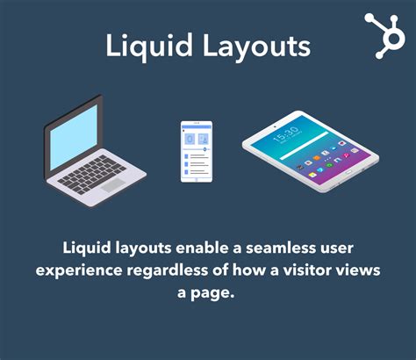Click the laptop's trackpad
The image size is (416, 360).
[111, 184]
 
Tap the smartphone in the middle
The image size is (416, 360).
[197, 151]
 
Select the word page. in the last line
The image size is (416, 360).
[218, 293]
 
